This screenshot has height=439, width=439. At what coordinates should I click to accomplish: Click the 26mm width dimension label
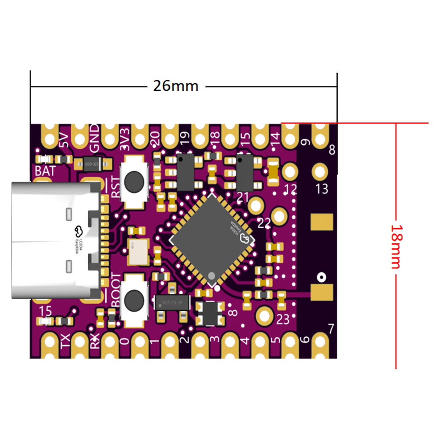[175, 86]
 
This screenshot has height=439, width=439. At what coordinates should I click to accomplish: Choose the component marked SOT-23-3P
[172, 302]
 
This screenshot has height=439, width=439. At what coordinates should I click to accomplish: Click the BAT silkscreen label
[46, 171]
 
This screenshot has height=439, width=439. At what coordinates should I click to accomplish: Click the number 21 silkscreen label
[243, 197]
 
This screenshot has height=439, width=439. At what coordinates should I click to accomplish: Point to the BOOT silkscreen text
[115, 289]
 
